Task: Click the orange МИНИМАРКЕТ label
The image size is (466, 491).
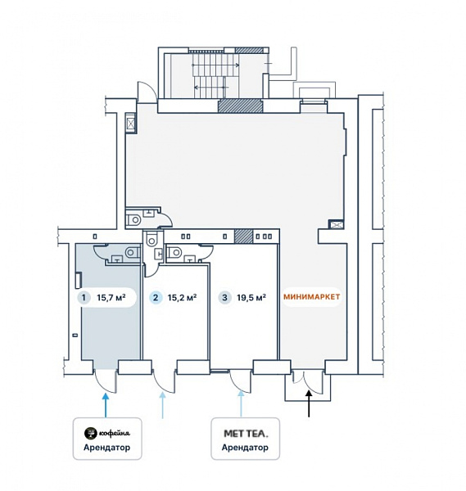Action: tap(311, 297)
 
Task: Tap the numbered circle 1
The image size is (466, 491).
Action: tap(84, 297)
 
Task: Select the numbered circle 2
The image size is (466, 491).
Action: tap(156, 297)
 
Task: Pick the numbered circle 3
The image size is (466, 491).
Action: tap(224, 297)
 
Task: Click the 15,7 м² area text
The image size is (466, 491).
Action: tap(111, 297)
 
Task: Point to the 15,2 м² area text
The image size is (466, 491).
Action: tap(182, 297)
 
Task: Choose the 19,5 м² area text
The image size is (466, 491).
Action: tap(251, 297)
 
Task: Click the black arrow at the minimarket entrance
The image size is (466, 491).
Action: tap(309, 404)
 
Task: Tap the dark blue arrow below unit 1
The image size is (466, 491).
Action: tap(106, 406)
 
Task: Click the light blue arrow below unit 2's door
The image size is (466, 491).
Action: tap(162, 406)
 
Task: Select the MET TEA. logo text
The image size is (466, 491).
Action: tap(246, 434)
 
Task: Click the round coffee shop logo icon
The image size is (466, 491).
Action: tap(90, 433)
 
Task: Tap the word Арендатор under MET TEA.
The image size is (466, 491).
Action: tap(245, 447)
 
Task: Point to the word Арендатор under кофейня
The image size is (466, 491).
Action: tap(106, 447)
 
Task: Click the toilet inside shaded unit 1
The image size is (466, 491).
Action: tap(132, 252)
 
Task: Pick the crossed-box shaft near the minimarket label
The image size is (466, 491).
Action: tap(336, 224)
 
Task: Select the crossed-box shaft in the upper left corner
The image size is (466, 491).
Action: tap(130, 123)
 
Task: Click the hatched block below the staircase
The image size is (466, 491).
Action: tap(240, 106)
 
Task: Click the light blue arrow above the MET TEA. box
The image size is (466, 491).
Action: tap(241, 404)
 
